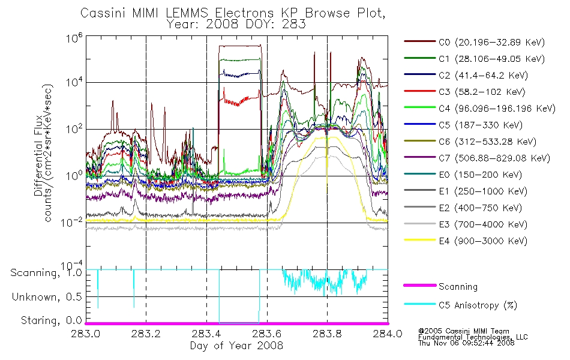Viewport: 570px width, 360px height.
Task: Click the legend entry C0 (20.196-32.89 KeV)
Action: pos(475,42)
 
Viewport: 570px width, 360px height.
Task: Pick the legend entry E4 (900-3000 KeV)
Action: pos(466,241)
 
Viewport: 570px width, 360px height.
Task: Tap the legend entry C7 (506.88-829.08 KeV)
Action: pos(477,158)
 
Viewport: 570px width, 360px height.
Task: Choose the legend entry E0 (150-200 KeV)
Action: pos(463,175)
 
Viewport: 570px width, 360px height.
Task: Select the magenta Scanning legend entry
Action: pos(440,286)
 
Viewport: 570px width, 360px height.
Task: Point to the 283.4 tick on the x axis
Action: pos(206,334)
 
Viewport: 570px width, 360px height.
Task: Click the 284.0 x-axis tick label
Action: pos(388,334)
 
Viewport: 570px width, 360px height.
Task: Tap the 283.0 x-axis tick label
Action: pos(86,334)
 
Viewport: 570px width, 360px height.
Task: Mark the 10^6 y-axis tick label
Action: pos(74,38)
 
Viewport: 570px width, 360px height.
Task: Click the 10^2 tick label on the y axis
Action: pos(74,129)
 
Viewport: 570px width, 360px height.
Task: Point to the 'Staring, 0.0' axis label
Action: pos(51,320)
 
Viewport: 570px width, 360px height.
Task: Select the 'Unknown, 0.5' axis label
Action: pos(47,297)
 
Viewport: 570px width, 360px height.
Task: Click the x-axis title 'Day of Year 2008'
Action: pos(236,346)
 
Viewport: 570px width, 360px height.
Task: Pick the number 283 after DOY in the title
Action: pos(295,24)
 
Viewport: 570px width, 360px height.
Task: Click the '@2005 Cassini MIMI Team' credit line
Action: pos(464,331)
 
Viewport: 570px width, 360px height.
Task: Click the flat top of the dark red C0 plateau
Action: pos(240,46)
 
